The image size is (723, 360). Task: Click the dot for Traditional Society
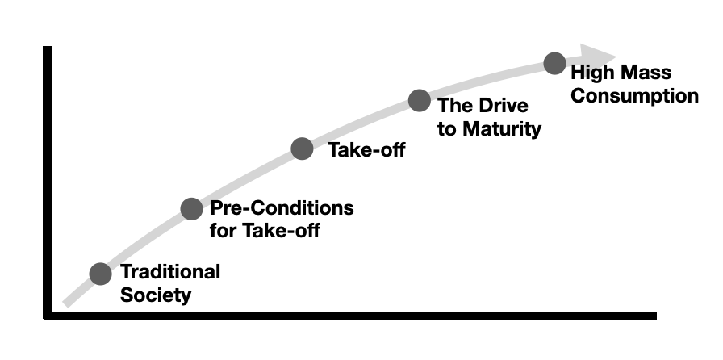coord(100,274)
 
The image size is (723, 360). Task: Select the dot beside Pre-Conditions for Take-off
coord(191,209)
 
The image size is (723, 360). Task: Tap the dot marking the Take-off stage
coord(302,149)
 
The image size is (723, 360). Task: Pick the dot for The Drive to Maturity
coord(419,100)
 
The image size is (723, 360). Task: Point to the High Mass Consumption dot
coord(554,64)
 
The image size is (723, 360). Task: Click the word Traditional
coord(170,272)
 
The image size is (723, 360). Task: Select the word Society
coord(156,295)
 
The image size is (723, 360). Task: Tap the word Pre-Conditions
coord(282,208)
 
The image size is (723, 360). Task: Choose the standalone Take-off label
coord(366,149)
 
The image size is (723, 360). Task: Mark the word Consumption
coord(634,96)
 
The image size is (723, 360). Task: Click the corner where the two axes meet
coord(48,316)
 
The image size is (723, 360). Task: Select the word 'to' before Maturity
coord(447,128)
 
